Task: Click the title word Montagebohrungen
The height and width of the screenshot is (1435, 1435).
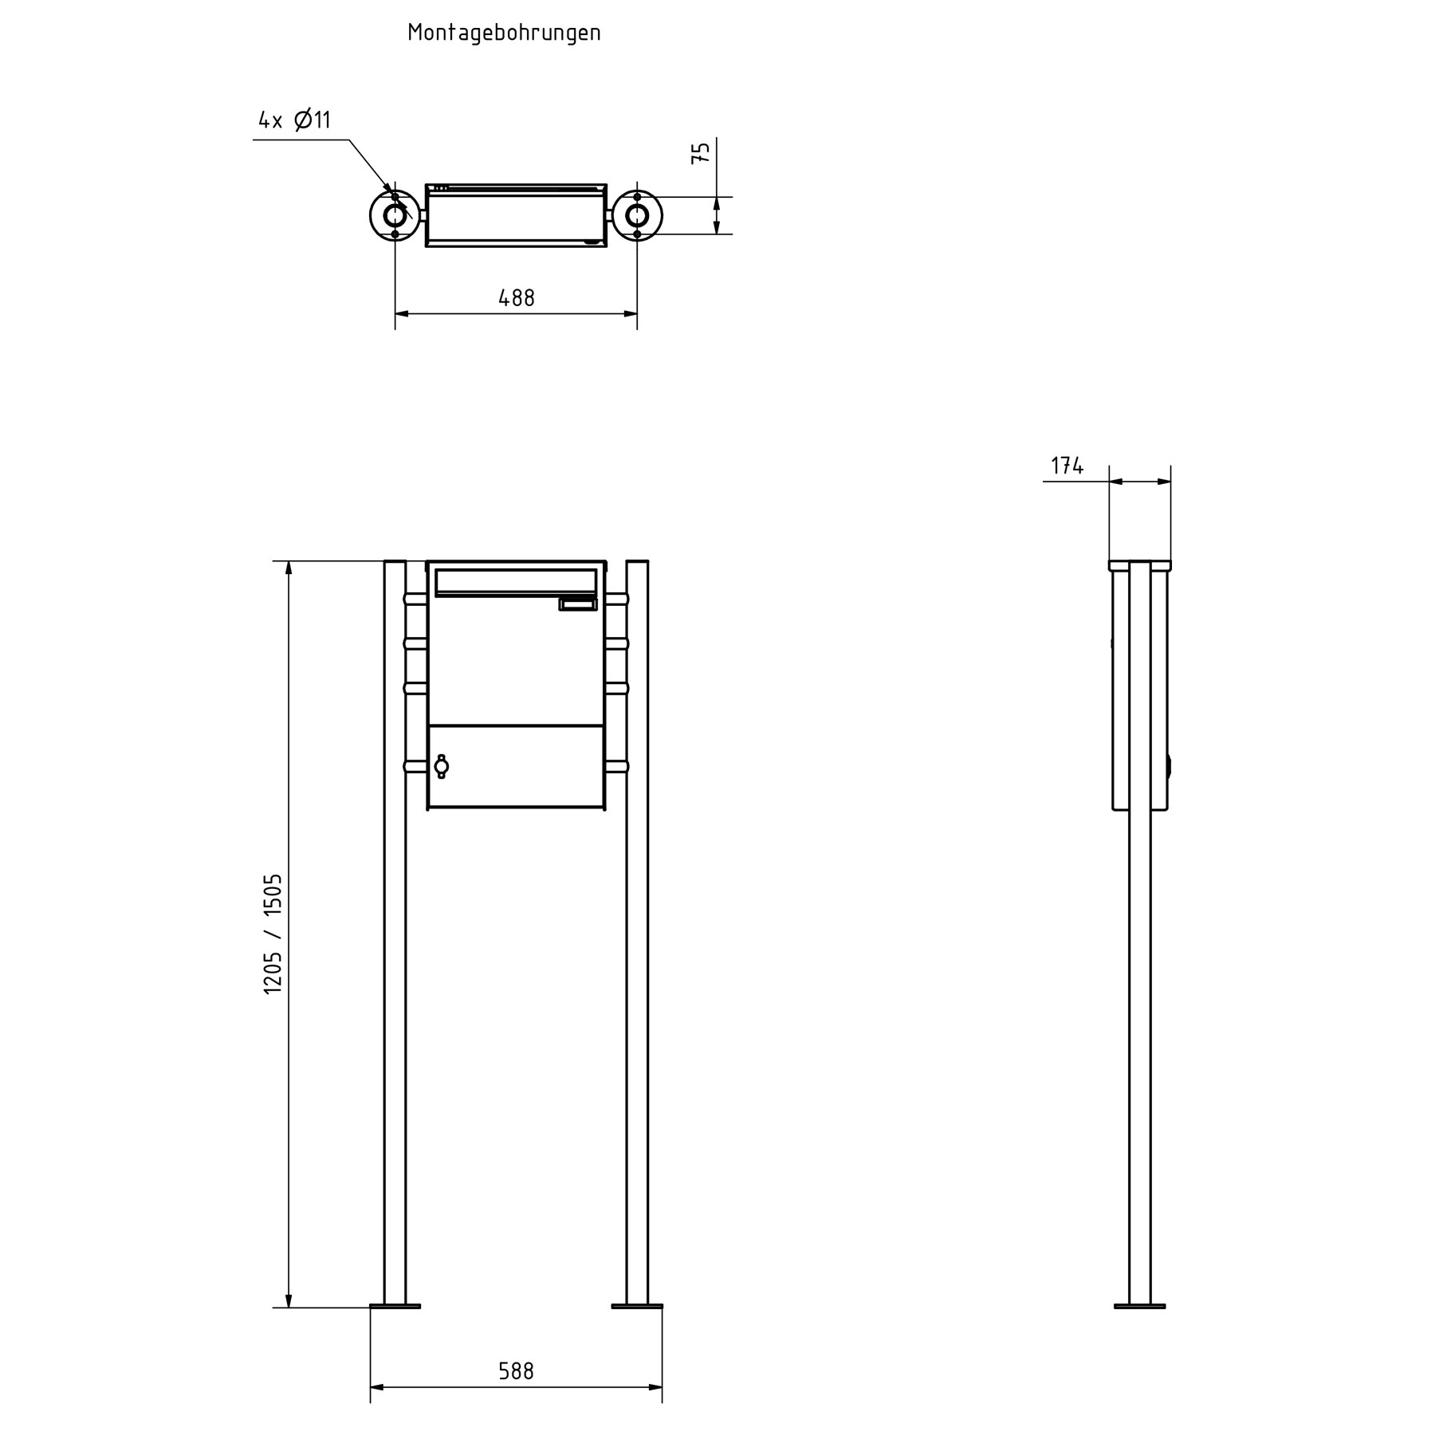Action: click(x=504, y=33)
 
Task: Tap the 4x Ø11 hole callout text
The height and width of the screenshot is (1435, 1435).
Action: click(x=294, y=120)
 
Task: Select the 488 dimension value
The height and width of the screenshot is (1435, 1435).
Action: click(x=517, y=298)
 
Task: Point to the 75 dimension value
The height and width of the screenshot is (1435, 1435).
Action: click(x=701, y=152)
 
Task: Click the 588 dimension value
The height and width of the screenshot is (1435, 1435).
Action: click(x=516, y=1370)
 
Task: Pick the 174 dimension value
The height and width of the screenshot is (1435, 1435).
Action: click(x=1067, y=466)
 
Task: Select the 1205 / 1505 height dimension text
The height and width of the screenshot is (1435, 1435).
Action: click(x=273, y=934)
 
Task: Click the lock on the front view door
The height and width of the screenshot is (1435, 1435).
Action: click(x=441, y=766)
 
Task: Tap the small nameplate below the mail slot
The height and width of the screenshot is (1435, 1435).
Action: click(x=578, y=605)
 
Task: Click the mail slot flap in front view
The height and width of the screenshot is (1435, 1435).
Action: click(x=516, y=582)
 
